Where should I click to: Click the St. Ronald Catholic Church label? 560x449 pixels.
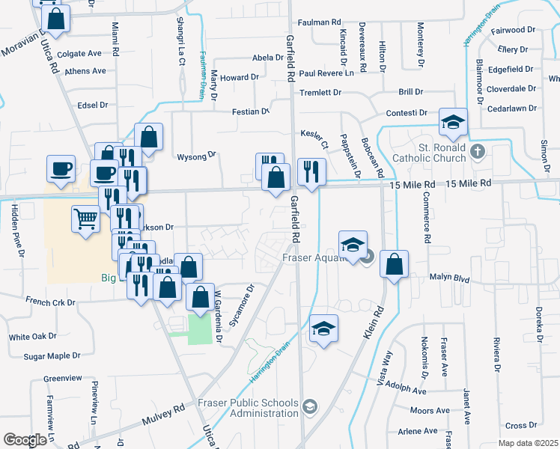tap(443, 153)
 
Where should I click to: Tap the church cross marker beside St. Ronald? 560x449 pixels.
tap(479, 152)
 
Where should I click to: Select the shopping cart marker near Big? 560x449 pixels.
tap(85, 220)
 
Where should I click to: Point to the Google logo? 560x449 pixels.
tap(25, 440)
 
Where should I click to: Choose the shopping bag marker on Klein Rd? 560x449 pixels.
tap(394, 264)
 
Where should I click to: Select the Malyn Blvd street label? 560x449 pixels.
tap(449, 279)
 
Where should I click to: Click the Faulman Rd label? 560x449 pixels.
tap(317, 22)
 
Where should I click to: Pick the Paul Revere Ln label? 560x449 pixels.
tap(326, 73)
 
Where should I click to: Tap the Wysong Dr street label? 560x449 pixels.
tap(196, 156)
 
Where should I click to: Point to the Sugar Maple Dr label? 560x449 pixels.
tap(52, 356)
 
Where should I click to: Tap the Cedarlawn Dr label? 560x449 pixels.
tap(512, 109)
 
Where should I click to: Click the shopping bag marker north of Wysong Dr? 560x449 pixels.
tap(149, 137)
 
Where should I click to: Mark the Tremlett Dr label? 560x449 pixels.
tap(320, 93)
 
